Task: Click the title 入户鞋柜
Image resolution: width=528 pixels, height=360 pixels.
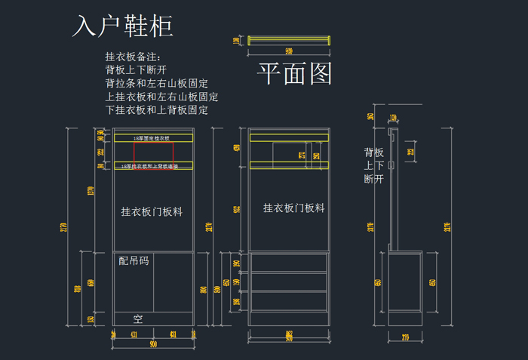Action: coord(123,26)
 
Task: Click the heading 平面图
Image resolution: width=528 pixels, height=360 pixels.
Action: coord(295,73)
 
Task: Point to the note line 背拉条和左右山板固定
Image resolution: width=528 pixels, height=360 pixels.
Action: coord(157,83)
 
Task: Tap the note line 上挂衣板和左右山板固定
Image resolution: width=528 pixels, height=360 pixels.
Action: coord(162,97)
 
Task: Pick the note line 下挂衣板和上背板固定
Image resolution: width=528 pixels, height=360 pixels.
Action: coord(157,110)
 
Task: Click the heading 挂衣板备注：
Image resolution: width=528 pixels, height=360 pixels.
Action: coord(133,57)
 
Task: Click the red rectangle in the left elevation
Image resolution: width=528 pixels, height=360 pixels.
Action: coord(154,152)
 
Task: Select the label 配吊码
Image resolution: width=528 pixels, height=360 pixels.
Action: coord(134,261)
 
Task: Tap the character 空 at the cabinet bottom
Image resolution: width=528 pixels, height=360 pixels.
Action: coord(138,318)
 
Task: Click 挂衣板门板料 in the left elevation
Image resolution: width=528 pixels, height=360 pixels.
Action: coord(152,212)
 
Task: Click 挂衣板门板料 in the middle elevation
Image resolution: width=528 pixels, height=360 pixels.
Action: coord(293,208)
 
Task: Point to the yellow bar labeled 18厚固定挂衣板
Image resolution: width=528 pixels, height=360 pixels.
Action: coord(153,139)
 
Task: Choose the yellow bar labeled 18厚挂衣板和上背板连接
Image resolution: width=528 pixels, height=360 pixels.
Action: coord(153,165)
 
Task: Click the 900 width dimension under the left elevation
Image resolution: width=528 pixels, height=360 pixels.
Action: coord(153,344)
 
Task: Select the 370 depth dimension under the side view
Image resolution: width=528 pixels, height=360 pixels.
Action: coord(405,337)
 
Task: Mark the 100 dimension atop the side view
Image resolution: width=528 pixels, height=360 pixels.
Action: coord(394,118)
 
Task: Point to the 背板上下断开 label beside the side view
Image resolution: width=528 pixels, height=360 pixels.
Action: coord(373,165)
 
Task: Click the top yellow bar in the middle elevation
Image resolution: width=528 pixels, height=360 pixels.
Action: coord(289,137)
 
